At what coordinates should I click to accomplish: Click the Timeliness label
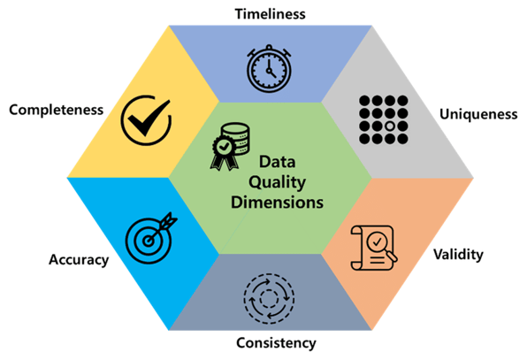[271, 14]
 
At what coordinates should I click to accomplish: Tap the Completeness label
[56, 111]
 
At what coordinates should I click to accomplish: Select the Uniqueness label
[478, 114]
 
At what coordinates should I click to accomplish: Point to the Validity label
[458, 255]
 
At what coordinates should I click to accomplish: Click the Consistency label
[276, 343]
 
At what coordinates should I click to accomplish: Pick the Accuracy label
[79, 260]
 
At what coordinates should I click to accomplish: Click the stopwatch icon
[269, 69]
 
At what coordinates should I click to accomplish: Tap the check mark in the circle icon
[146, 120]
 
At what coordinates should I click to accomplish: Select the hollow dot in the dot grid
[390, 126]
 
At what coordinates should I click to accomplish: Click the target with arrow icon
[150, 238]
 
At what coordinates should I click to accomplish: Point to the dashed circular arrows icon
[269, 298]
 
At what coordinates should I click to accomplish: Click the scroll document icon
[373, 248]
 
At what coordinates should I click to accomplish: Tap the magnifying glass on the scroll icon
[381, 245]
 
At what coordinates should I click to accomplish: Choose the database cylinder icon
[235, 139]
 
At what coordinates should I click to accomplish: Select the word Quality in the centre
[277, 182]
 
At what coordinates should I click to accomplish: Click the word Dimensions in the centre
[277, 203]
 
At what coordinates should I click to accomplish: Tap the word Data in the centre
[278, 162]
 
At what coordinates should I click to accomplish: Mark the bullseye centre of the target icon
[149, 241]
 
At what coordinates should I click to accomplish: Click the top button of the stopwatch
[269, 47]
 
